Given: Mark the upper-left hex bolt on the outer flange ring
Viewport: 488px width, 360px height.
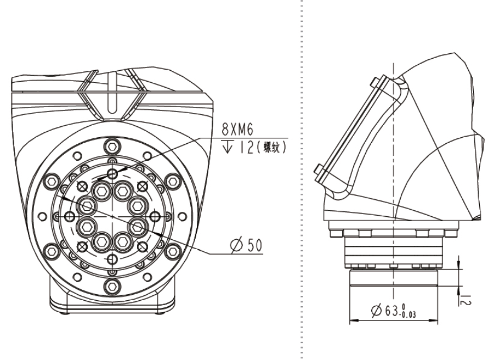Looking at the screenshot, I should click(52, 181).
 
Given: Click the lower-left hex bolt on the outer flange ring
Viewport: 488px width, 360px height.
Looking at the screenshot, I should click(52, 251).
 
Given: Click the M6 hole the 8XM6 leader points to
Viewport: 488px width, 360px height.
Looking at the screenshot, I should click(112, 173).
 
